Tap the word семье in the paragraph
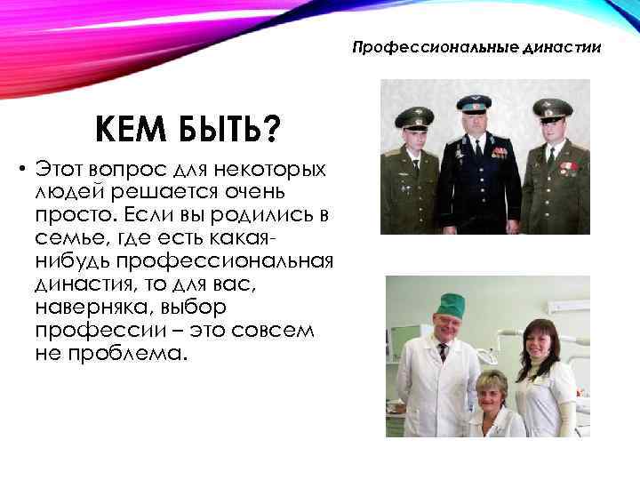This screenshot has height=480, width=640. click(x=68, y=238)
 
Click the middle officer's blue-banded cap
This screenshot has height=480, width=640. click(x=474, y=103)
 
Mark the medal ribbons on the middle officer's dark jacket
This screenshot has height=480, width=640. click(x=500, y=152)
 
